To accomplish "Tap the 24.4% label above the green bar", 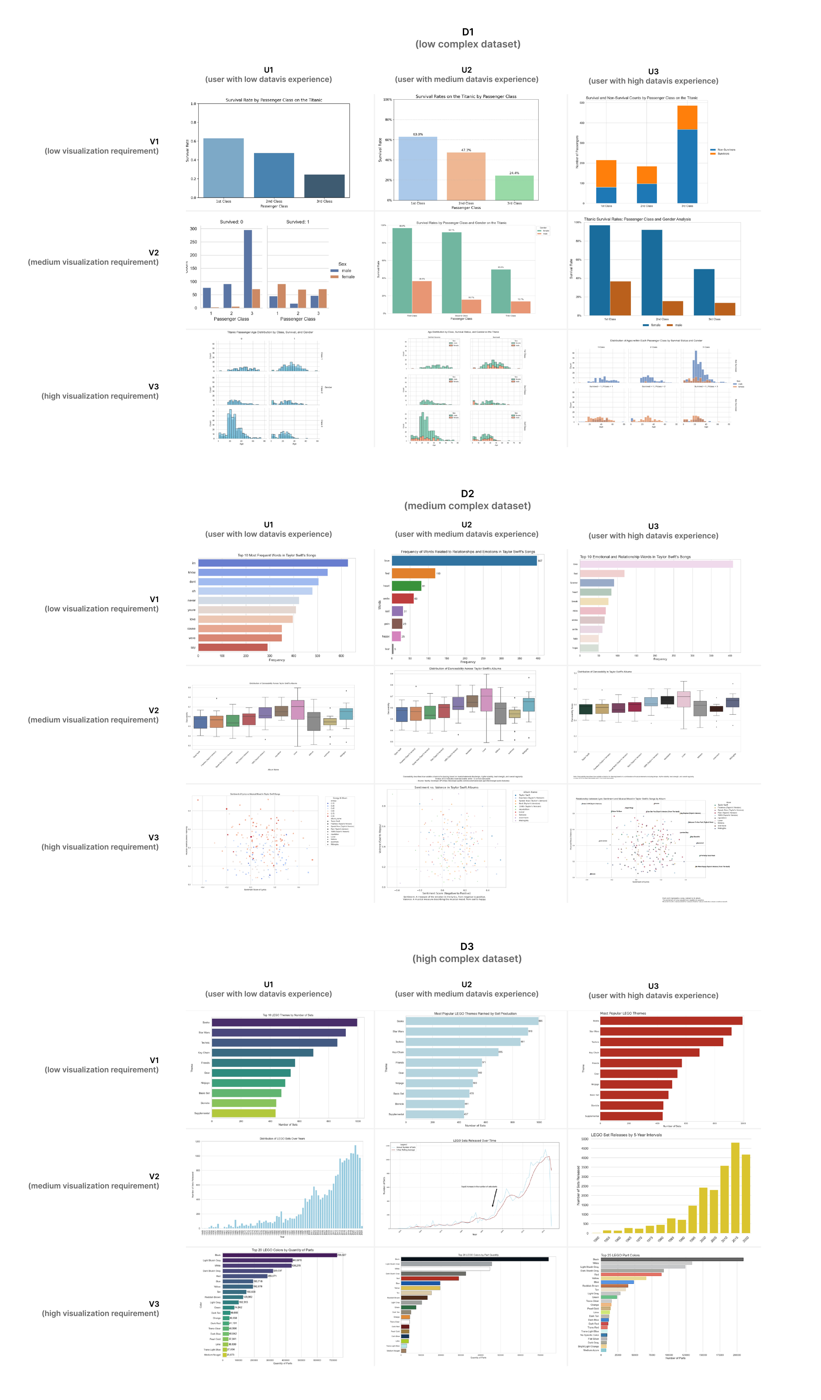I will (514, 173).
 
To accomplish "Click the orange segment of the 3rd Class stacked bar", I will (687, 118).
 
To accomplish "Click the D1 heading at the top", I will (467, 32).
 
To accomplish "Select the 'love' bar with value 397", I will (464, 561).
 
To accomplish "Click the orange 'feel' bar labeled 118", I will (413, 573).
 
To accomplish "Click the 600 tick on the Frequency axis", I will (341, 656).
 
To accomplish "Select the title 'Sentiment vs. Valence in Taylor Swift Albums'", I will (446, 787).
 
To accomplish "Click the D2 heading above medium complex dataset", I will (467, 494).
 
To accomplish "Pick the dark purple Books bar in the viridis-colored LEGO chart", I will (284, 1022).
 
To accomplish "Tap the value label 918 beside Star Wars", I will (530, 1031).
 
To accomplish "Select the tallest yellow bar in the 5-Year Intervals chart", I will (735, 1188).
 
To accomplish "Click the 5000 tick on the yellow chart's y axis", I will (584, 1139).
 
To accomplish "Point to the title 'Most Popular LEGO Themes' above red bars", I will (623, 1013).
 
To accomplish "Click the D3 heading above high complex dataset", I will (467, 946).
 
